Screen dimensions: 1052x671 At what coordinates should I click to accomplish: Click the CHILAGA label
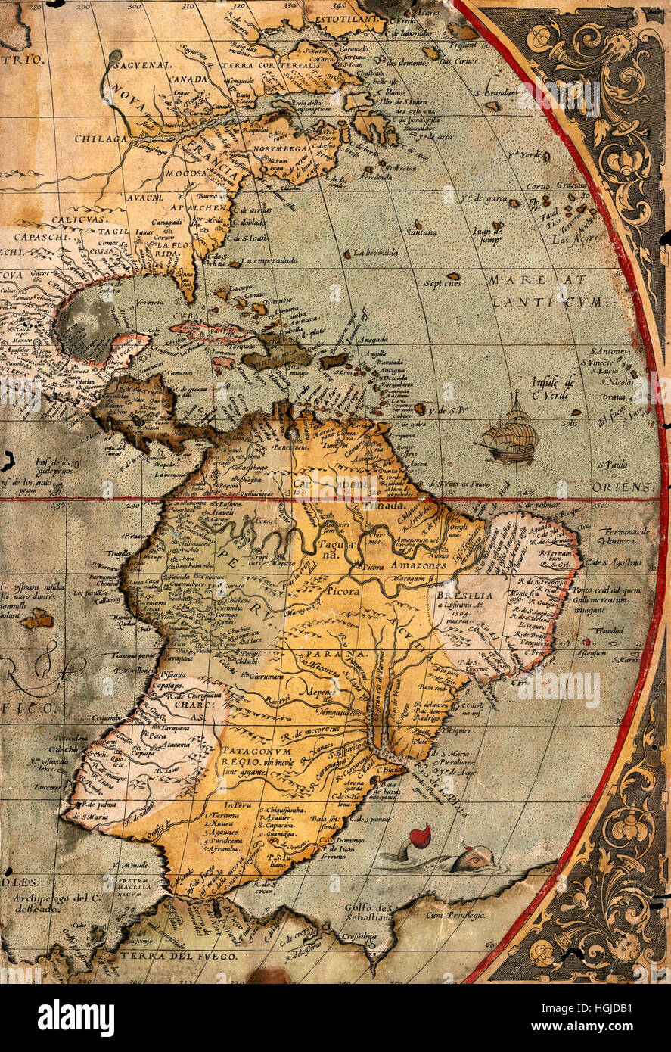pyautogui.click(x=101, y=139)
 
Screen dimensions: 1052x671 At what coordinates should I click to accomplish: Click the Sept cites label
pyautogui.click(x=442, y=285)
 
